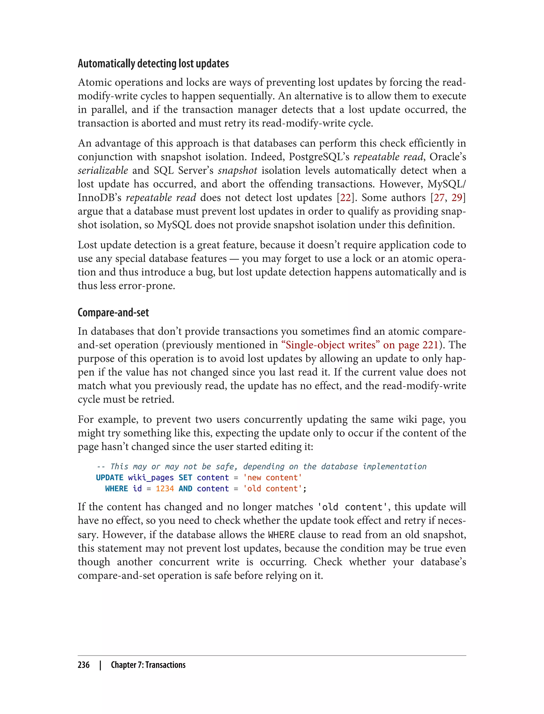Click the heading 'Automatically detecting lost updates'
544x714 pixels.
pos(153,63)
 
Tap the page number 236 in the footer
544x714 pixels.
pos(84,665)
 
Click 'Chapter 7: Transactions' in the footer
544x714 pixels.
pos(148,665)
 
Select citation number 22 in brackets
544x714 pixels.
pos(345,198)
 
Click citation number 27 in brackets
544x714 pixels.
pos(439,198)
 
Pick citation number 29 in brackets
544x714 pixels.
pos(457,198)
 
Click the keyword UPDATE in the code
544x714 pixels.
pos(109,478)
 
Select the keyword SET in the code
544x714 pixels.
pos(185,478)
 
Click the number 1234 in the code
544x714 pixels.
pos(165,489)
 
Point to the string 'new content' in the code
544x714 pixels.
pos(272,478)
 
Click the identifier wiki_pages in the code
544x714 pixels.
pos(151,478)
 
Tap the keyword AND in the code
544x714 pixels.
pos(185,489)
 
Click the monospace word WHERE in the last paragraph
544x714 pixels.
pos(281,535)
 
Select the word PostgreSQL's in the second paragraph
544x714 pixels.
pos(319,157)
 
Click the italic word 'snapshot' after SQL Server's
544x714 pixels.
pos(237,170)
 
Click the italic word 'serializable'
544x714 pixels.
pos(103,170)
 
